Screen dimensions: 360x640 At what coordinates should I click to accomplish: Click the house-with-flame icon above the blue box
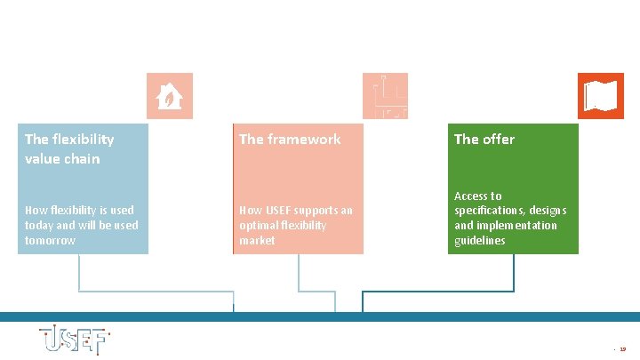coord(169,96)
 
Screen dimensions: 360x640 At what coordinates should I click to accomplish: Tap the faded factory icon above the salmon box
coord(386,96)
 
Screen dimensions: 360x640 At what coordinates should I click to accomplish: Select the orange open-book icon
coord(601,96)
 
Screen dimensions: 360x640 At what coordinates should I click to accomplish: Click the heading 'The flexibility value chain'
coord(69,148)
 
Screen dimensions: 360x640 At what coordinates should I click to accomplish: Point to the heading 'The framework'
coord(290,139)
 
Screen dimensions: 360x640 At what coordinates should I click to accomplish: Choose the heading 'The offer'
coord(484,139)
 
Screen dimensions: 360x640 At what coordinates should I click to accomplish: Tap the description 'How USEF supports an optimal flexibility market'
coord(295,225)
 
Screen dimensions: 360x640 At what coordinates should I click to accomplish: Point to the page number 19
coord(622,349)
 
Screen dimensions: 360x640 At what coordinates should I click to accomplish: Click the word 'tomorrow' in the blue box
coord(50,241)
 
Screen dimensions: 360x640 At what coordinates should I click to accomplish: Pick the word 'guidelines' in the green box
coord(480,241)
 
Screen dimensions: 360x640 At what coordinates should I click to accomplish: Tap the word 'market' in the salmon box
coord(257,241)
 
